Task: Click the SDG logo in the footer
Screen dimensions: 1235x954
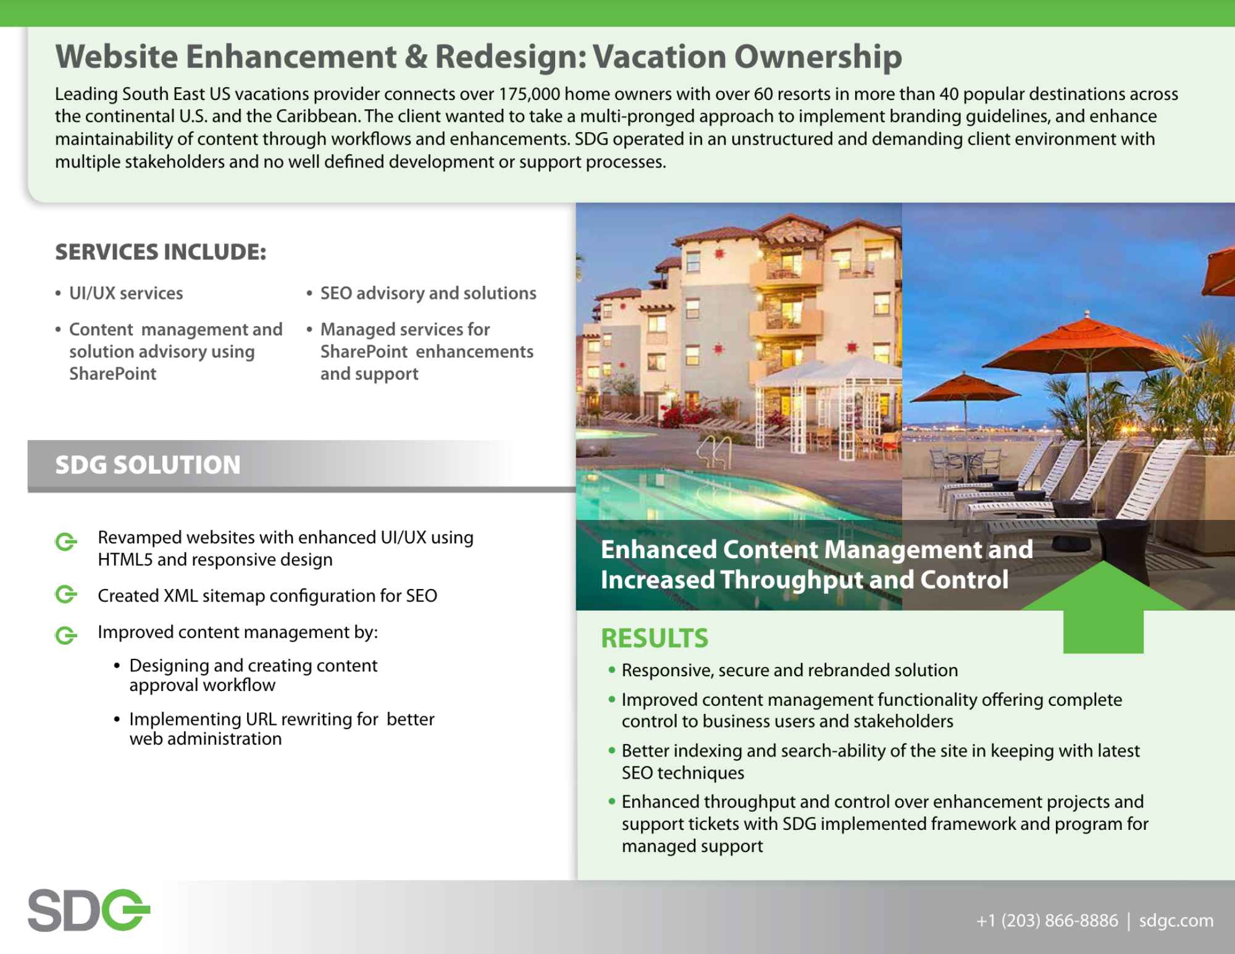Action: pos(89,910)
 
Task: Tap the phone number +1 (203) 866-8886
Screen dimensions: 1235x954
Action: pos(1047,921)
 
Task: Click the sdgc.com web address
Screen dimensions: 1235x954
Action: pos(1176,921)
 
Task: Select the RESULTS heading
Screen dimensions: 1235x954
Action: pos(655,638)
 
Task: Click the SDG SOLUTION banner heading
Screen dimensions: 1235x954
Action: pos(148,465)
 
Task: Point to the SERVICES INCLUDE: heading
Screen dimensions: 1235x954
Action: pos(161,252)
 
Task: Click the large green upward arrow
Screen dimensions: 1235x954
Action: pos(1103,606)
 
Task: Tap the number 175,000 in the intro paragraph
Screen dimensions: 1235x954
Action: pos(529,94)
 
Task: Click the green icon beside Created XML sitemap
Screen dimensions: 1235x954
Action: pos(66,595)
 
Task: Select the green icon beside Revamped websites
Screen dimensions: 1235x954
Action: pos(66,542)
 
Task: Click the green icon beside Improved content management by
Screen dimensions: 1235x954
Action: pos(66,635)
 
